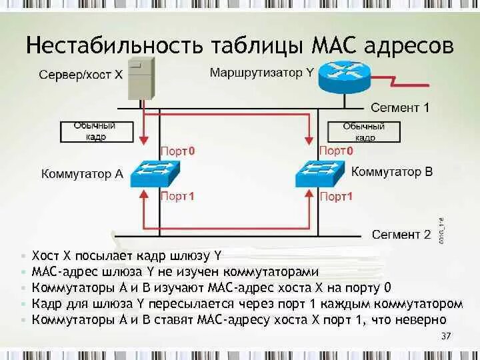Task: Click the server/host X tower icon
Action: tap(141, 78)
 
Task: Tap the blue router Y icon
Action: tap(343, 76)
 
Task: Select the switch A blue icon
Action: tap(153, 175)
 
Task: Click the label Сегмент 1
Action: tap(400, 107)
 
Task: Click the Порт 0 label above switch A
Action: tap(177, 151)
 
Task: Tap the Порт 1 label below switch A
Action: tap(177, 197)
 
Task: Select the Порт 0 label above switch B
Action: tap(336, 151)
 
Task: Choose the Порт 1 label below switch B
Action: tap(336, 197)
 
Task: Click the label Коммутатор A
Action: tap(82, 174)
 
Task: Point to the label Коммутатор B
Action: tap(391, 172)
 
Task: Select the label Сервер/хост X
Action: tap(81, 75)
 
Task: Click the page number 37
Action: tap(446, 335)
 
